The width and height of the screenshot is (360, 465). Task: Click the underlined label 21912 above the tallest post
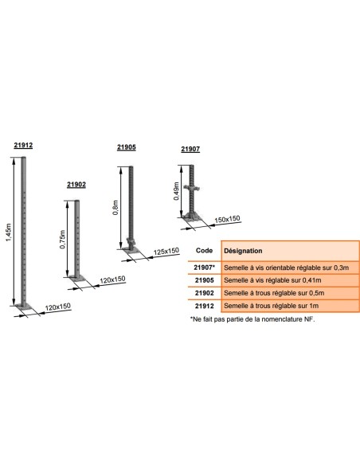coord(23,145)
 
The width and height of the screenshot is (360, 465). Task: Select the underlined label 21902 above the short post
coord(76,185)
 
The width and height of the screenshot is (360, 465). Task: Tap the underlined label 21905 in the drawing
coord(127,147)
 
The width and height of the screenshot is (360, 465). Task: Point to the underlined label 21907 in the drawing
coord(190,149)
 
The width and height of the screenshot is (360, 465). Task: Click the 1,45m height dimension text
coord(9,232)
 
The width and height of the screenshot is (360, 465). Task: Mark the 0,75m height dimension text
coord(62,240)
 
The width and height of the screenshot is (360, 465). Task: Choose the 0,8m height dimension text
coord(115,208)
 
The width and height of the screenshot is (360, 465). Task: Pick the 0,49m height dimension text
coord(177,191)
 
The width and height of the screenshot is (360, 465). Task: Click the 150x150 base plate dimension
coord(227,219)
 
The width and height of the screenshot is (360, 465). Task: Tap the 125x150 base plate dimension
coord(166,251)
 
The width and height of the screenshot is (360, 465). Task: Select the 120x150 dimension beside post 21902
coord(112,279)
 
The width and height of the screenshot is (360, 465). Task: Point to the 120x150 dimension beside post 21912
coord(58,307)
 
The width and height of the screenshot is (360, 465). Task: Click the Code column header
coord(205,251)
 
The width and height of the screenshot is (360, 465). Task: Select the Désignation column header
coord(243,251)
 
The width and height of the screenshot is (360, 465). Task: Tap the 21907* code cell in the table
coord(205,268)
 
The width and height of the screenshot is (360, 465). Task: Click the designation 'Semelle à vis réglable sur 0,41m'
coord(272,280)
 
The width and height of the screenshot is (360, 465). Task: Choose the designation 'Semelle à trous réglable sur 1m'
coord(272,306)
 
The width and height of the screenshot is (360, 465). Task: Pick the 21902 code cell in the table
coord(205,293)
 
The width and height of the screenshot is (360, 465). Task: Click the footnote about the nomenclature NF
coord(252,319)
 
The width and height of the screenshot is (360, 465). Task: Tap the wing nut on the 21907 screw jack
coord(192,188)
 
